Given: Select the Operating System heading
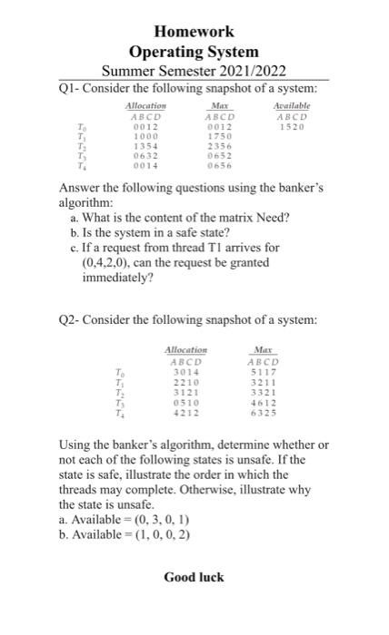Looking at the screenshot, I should (194, 52).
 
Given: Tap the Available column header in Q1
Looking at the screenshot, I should (290, 106).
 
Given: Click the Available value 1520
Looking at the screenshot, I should (290, 127).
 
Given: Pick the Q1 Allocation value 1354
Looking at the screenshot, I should (146, 146).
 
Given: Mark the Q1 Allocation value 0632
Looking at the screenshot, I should (146, 156).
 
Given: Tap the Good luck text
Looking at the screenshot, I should (194, 577).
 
